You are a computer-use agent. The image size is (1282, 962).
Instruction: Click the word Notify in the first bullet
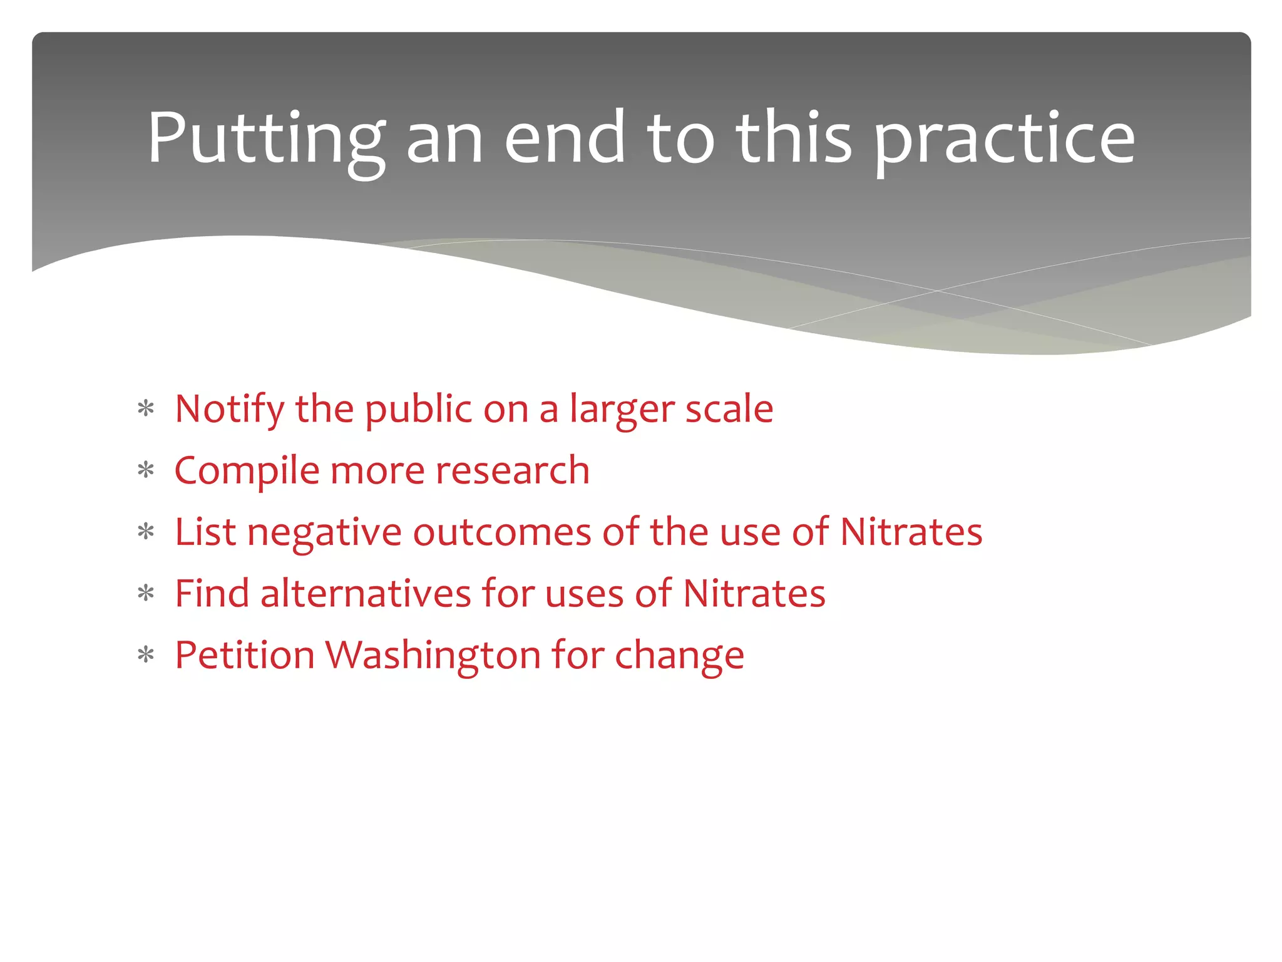(229, 410)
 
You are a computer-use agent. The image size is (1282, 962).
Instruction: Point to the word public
(418, 410)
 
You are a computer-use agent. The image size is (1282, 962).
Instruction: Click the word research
(512, 471)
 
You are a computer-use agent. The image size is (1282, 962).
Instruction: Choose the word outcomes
(501, 532)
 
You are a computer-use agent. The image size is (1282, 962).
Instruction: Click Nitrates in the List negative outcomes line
(911, 532)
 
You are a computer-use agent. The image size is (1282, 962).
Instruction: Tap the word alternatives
(365, 594)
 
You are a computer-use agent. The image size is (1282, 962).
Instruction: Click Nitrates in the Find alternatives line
(754, 594)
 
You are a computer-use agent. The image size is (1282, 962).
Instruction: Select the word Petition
(244, 655)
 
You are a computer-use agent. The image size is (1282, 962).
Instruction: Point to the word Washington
(433, 655)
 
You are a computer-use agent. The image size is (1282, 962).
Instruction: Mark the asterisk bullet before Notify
(146, 410)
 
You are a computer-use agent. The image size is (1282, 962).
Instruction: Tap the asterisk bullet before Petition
(146, 656)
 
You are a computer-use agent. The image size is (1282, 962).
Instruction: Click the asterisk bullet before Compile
(146, 471)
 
